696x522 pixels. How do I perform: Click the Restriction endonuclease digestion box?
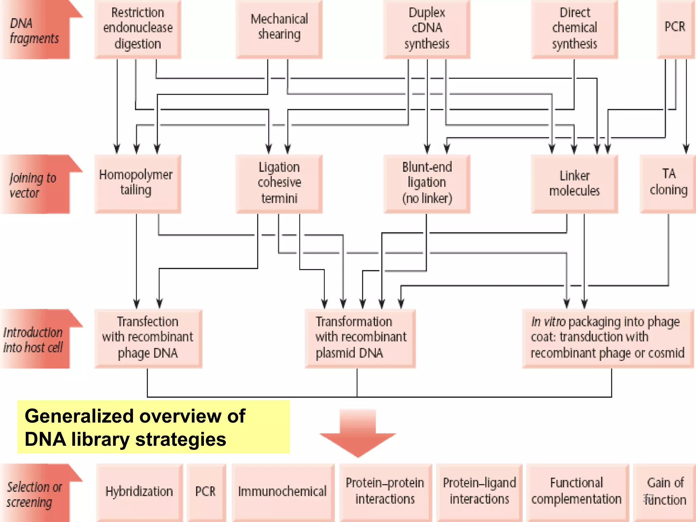click(138, 29)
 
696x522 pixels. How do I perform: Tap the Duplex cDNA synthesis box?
click(427, 29)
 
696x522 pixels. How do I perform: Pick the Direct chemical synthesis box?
click(574, 29)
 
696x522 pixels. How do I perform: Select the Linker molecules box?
click(574, 184)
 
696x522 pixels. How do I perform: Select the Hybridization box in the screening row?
click(139, 492)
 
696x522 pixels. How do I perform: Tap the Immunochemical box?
click(282, 492)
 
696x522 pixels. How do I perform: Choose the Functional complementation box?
click(577, 492)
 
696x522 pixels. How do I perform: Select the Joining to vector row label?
click(34, 185)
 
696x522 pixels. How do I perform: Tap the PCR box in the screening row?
click(206, 492)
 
